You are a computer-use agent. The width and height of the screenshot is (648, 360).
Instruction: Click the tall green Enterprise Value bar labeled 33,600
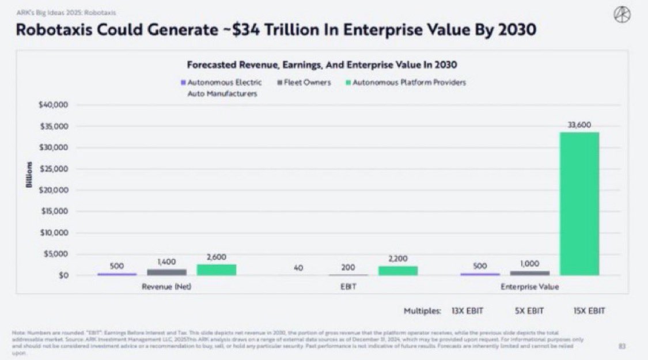point(579,203)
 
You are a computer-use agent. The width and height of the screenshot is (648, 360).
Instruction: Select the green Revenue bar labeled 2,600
point(216,270)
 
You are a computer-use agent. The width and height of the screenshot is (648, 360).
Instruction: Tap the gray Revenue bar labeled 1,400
point(167,272)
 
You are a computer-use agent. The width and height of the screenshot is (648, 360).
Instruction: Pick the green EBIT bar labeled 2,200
point(398,271)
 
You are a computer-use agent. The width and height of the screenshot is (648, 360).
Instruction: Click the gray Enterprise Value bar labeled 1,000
point(530,273)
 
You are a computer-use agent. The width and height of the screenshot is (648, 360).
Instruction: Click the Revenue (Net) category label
point(166,286)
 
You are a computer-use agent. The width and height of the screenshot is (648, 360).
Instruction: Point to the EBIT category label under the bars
point(348,286)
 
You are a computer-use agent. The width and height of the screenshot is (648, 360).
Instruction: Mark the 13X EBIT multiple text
point(468,311)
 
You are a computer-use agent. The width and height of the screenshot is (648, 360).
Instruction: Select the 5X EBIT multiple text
point(529,311)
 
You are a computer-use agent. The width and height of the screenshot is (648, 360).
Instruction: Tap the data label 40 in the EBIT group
point(299,268)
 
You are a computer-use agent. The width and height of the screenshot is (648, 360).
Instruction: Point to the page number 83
point(622,346)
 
